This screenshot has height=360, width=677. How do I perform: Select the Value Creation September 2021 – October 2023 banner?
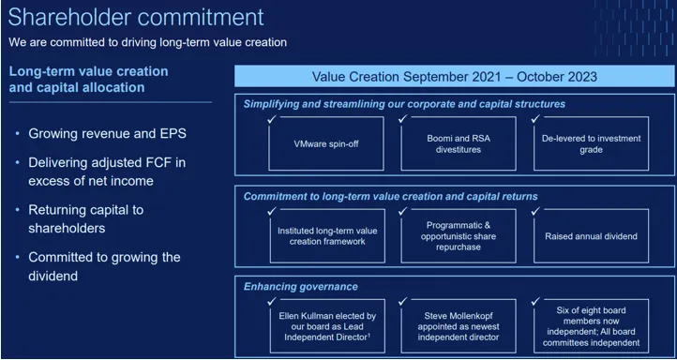click(x=454, y=77)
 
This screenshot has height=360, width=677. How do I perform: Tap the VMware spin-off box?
click(x=327, y=143)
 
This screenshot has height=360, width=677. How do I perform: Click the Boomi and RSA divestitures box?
click(x=459, y=143)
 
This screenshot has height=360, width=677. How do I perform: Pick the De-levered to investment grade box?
click(x=591, y=143)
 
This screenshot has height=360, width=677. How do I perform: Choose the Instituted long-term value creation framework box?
click(x=327, y=235)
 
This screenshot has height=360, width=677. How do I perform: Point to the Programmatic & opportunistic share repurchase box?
click(x=459, y=235)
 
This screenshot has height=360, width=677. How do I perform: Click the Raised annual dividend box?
click(x=591, y=235)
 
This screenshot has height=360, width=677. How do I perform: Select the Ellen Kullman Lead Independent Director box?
click(x=327, y=324)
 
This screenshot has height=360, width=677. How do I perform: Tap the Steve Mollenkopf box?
click(x=459, y=324)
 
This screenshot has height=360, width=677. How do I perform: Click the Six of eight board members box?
click(x=591, y=324)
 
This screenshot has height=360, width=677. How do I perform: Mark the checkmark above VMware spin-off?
click(x=271, y=118)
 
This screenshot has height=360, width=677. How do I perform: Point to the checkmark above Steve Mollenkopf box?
click(x=403, y=300)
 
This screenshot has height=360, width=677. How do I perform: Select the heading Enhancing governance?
click(x=300, y=286)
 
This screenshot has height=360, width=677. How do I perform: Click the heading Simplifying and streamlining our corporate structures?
click(x=404, y=104)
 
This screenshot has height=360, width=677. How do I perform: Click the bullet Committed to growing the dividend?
click(x=104, y=266)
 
